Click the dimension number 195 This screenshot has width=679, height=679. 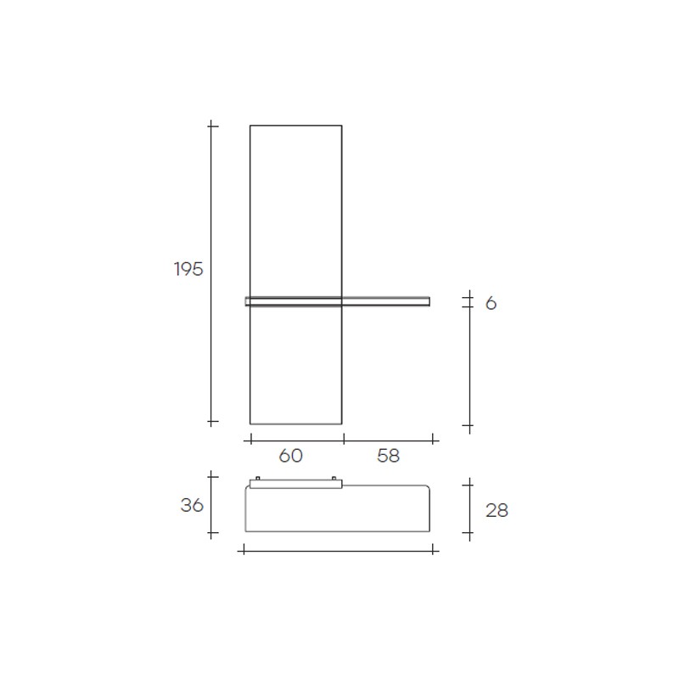coord(188,269)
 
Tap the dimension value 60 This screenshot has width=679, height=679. coord(290,456)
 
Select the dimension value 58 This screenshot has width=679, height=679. coord(388,456)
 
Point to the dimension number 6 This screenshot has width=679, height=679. coord(491,304)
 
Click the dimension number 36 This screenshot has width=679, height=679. coord(192,505)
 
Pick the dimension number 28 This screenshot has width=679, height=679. coord(497,511)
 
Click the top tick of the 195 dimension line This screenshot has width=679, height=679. coord(211,126)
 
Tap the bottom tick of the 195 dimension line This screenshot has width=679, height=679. coord(211,421)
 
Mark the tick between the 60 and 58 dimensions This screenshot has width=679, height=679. coord(345,441)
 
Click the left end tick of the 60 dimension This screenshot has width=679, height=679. coord(250,441)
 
